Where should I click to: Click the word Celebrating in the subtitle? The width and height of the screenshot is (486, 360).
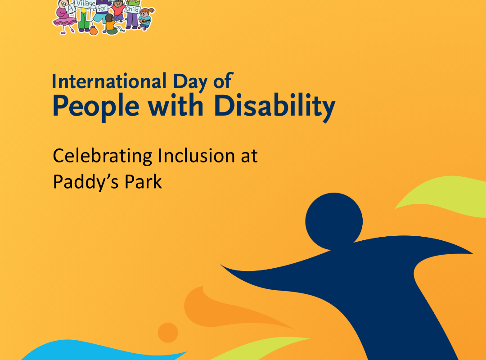point(103,156)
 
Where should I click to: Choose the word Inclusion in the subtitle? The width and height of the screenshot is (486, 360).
point(193,156)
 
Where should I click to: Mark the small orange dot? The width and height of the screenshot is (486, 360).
point(168,333)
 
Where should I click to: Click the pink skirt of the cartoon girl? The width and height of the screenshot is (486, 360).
point(63,21)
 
